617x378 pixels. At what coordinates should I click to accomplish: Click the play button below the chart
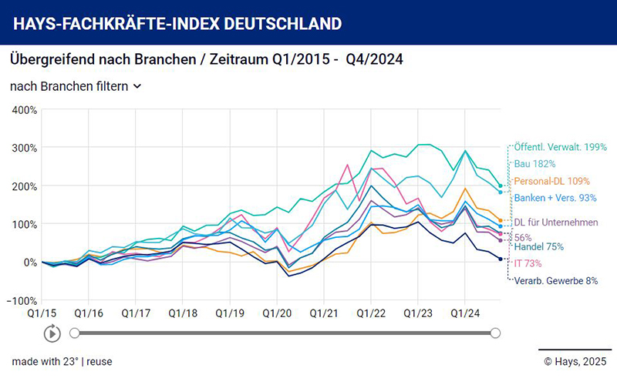(52, 333)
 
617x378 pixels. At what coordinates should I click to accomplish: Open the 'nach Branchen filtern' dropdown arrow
(137, 86)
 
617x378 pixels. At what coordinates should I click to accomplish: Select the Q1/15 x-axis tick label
(42, 314)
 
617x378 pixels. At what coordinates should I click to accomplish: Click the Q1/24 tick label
(464, 314)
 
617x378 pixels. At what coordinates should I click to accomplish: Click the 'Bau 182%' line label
(536, 164)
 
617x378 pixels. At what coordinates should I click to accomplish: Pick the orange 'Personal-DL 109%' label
(552, 181)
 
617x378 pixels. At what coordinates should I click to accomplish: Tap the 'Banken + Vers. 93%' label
(555, 198)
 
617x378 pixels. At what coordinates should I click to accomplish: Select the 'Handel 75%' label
(539, 247)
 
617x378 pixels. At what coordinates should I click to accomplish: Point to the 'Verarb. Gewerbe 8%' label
(556, 281)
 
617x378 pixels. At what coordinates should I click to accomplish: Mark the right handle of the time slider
(495, 333)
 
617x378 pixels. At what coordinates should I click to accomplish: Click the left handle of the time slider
(75, 333)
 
